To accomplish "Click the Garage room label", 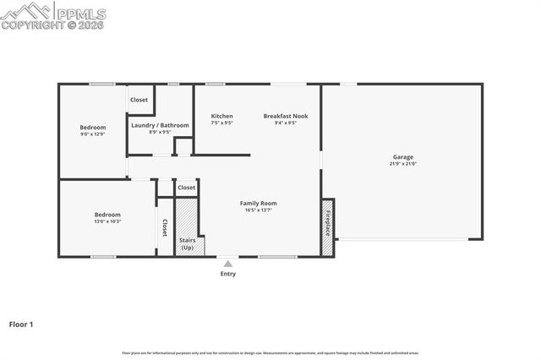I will pyautogui.click(x=402, y=156).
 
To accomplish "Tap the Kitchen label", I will pyautogui.click(x=221, y=116).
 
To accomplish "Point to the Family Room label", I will pyautogui.click(x=259, y=203).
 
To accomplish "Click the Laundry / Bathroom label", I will pyautogui.click(x=160, y=125).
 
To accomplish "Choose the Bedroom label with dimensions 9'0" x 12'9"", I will pyautogui.click(x=92, y=127).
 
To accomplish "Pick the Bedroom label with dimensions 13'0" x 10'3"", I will pyautogui.click(x=107, y=215).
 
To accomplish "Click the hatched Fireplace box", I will pyautogui.click(x=328, y=226).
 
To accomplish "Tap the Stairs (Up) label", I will pyautogui.click(x=187, y=244).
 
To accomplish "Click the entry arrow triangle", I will pyautogui.click(x=227, y=264).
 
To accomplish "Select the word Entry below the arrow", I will pyautogui.click(x=228, y=274).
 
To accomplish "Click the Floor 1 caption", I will pyautogui.click(x=22, y=324).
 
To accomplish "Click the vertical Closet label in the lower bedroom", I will pyautogui.click(x=165, y=228).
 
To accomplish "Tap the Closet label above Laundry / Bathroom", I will pyautogui.click(x=139, y=100).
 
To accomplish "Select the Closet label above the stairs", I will pyautogui.click(x=186, y=188).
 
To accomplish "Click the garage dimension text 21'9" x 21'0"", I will pyautogui.click(x=402, y=163).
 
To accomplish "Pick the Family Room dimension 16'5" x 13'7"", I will pyautogui.click(x=259, y=210).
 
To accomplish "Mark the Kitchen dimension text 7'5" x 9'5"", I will pyautogui.click(x=221, y=123).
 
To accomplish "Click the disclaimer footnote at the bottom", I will pyautogui.click(x=270, y=353).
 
